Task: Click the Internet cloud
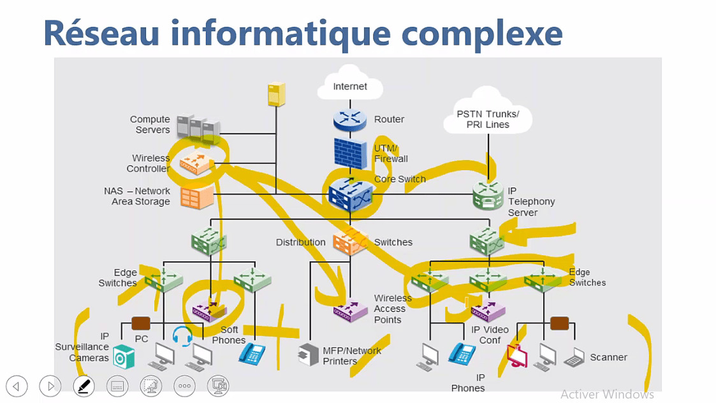(350, 85)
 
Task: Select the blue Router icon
(350, 119)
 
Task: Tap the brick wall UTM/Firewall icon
(351, 153)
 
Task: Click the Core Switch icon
(351, 194)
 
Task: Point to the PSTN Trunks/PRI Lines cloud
(488, 118)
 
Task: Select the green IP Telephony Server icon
(489, 195)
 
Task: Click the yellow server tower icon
(276, 94)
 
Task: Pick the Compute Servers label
(150, 124)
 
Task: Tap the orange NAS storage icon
(196, 197)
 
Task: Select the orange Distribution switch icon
(350, 242)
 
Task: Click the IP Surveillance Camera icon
(124, 357)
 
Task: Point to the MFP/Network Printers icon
(309, 355)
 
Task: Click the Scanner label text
(608, 357)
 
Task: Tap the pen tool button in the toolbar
(84, 386)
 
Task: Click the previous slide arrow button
(17, 386)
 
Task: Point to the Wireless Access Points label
(392, 309)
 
